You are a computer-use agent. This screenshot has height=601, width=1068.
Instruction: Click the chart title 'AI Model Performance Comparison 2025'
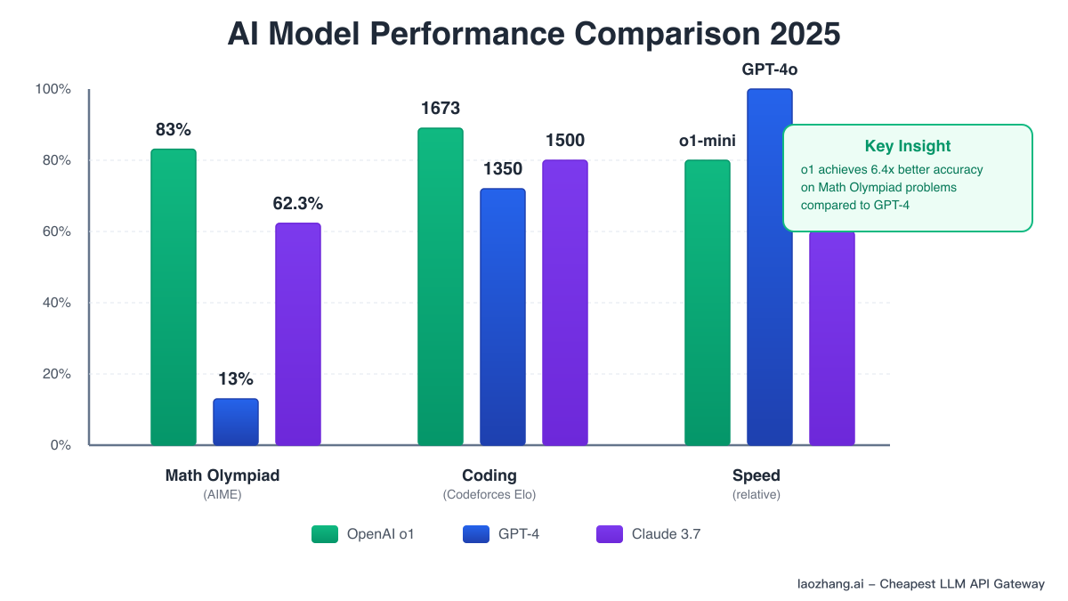pos(534,35)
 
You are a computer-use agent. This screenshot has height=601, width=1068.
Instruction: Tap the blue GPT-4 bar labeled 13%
pos(236,422)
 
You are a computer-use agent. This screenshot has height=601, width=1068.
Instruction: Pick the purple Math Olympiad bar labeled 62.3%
pos(298,334)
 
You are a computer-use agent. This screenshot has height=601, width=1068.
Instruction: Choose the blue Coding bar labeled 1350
pos(503,317)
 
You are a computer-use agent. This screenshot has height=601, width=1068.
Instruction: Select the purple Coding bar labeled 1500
pos(565,303)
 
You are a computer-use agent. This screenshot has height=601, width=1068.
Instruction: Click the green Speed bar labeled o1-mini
pos(708,303)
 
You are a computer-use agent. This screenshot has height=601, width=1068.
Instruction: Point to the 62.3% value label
pos(298,204)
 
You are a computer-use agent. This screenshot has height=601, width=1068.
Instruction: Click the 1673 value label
pos(441,109)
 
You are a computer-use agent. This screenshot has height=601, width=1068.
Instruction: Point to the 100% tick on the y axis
pos(53,89)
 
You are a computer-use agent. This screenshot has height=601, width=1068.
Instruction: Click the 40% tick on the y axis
pos(55,303)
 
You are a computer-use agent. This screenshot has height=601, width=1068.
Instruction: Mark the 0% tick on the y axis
pos(59,445)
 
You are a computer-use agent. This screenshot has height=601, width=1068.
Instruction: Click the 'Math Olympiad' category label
pos(222,475)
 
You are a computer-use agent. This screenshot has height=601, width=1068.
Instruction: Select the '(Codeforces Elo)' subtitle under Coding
pos(489,495)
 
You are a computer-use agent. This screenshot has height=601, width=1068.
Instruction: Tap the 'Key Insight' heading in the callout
pos(908,147)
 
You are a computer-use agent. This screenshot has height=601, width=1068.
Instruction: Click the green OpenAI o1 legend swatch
pos(325,534)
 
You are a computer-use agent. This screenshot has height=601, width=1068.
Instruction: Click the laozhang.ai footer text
pos(920,584)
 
